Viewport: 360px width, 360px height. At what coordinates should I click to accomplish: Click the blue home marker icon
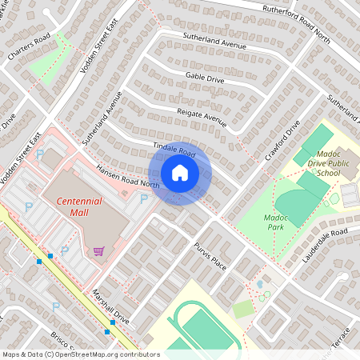pyautogui.click(x=180, y=173)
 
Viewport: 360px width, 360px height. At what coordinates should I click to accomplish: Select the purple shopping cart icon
pyautogui.click(x=98, y=252)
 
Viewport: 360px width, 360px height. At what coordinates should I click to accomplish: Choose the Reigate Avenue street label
pyautogui.click(x=202, y=116)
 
